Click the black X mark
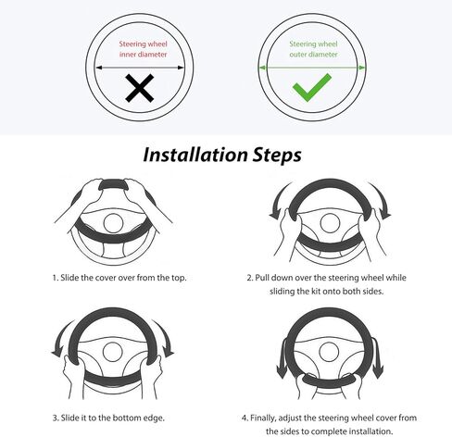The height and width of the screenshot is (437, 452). [x=140, y=88]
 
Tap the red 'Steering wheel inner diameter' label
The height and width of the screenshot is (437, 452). [x=143, y=49]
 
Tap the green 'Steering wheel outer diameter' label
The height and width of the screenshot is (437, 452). [x=313, y=49]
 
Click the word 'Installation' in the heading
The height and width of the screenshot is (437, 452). [x=195, y=155]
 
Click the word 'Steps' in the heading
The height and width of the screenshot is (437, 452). [x=277, y=156]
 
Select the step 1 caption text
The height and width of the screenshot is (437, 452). [x=119, y=278]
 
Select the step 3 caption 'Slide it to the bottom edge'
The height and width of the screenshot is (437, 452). [x=108, y=418]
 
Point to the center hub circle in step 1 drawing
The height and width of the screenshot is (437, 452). [x=113, y=223]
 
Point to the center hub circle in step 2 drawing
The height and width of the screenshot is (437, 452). [x=330, y=223]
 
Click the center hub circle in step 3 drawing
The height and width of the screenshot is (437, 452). [x=113, y=352]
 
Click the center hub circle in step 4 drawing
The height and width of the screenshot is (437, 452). [x=330, y=352]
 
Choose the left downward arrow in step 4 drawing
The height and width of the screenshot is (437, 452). [x=282, y=358]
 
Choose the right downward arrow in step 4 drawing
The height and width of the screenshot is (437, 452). [x=377, y=358]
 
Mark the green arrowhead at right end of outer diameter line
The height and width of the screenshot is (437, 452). [x=362, y=68]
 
